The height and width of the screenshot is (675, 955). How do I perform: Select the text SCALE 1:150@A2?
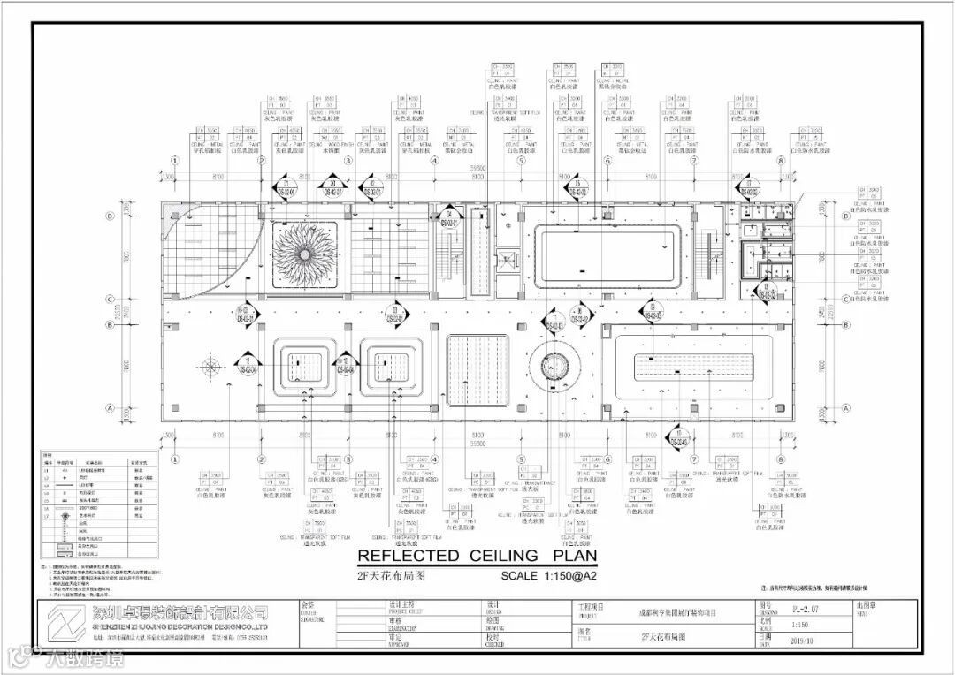click(x=549, y=576)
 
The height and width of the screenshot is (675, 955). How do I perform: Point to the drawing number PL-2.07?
click(x=805, y=608)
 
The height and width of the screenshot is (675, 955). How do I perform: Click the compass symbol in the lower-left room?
click(x=210, y=365)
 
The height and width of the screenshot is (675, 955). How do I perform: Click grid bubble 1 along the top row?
click(x=175, y=162)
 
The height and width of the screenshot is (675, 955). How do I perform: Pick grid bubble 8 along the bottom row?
click(x=781, y=459)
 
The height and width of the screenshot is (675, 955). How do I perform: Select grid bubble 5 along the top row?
click(x=522, y=162)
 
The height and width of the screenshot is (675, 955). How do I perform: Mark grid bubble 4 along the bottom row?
click(x=435, y=459)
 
